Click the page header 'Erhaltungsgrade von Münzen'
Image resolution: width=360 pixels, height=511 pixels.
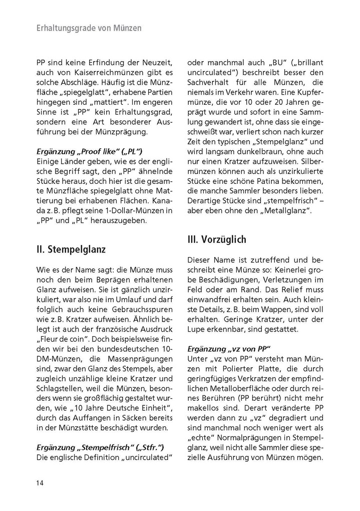[89, 29]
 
